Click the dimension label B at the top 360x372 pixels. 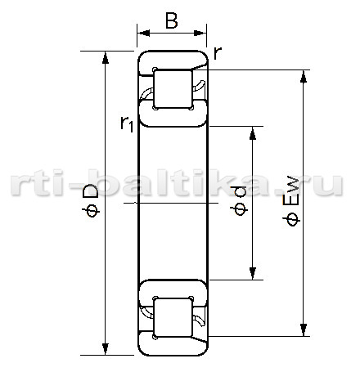[x=172, y=20]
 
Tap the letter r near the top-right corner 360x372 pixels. [x=218, y=52]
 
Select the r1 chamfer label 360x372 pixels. [x=127, y=123]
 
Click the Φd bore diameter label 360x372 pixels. [x=239, y=200]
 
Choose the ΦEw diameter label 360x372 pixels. [x=291, y=202]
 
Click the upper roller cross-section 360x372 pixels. [x=173, y=89]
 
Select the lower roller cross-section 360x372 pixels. [x=173, y=317]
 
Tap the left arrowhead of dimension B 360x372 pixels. [x=143, y=34]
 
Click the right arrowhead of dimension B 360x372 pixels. [x=200, y=34]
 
